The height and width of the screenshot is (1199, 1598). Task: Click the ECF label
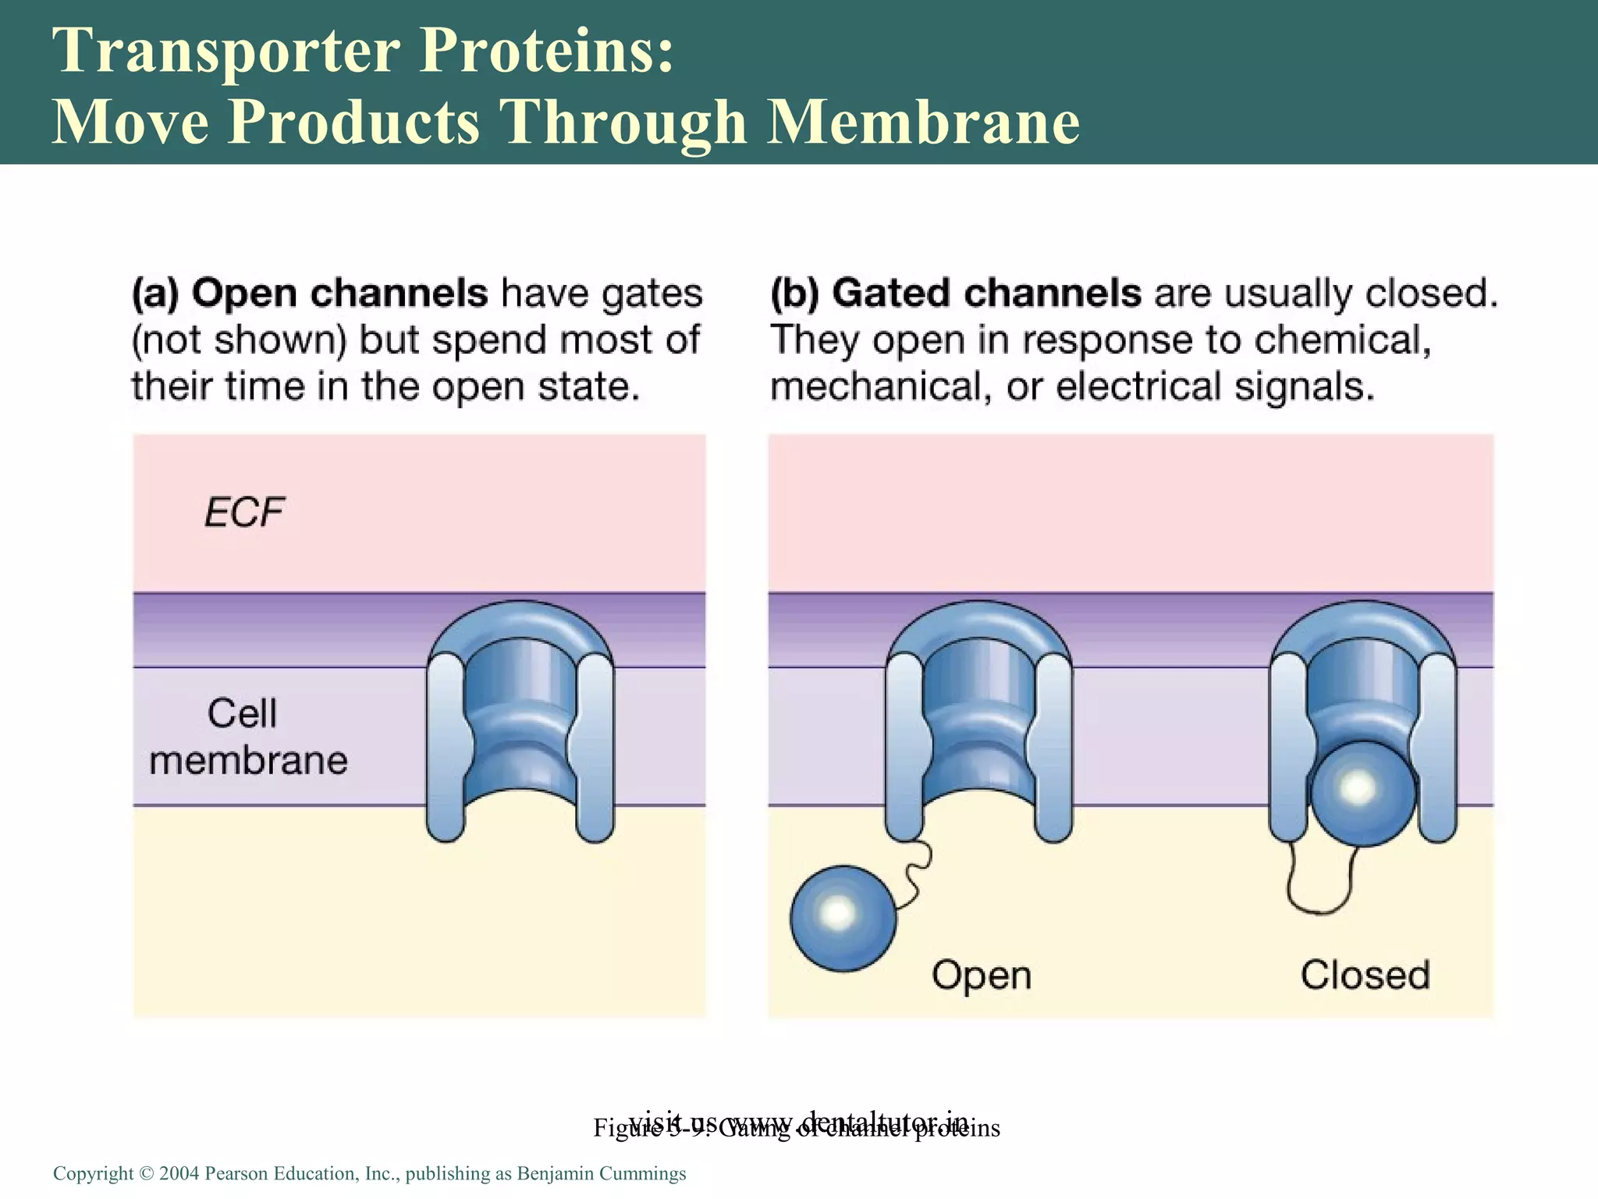tap(244, 513)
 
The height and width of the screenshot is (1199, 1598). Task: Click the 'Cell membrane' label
tap(247, 736)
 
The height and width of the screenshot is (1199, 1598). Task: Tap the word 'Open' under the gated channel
tap(981, 976)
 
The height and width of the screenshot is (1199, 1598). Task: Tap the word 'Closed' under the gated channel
tap(1365, 976)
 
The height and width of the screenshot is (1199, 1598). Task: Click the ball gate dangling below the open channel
tap(843, 918)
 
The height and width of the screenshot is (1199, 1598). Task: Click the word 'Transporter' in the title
tap(226, 50)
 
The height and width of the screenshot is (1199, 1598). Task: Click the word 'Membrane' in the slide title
tap(922, 122)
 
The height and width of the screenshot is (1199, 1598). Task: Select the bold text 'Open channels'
tap(339, 294)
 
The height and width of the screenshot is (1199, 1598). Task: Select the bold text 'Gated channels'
tap(986, 294)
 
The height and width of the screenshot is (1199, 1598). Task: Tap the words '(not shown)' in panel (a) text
tap(238, 341)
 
